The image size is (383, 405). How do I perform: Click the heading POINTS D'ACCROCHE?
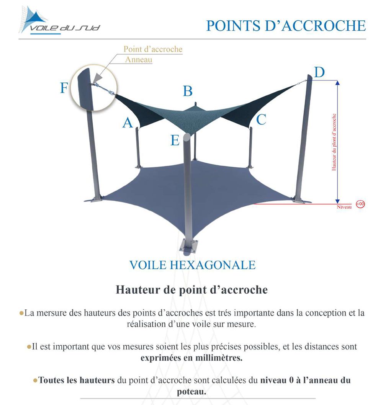(x=286, y=25)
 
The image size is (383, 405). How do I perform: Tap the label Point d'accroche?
(x=153, y=49)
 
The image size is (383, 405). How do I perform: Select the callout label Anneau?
(x=139, y=60)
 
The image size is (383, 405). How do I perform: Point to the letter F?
(x=64, y=88)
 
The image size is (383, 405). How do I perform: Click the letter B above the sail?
(x=187, y=91)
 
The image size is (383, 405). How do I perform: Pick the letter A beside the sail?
(x=128, y=123)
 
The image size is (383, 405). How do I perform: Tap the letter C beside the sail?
(x=261, y=120)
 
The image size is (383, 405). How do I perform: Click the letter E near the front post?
(x=175, y=140)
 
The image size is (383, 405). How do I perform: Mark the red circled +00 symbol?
(x=360, y=204)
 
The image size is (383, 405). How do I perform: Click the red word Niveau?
(x=344, y=207)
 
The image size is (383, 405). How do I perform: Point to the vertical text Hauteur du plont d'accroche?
(x=334, y=142)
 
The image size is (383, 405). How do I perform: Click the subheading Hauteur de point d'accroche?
(x=191, y=290)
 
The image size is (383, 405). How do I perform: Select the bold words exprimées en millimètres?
(x=191, y=359)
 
